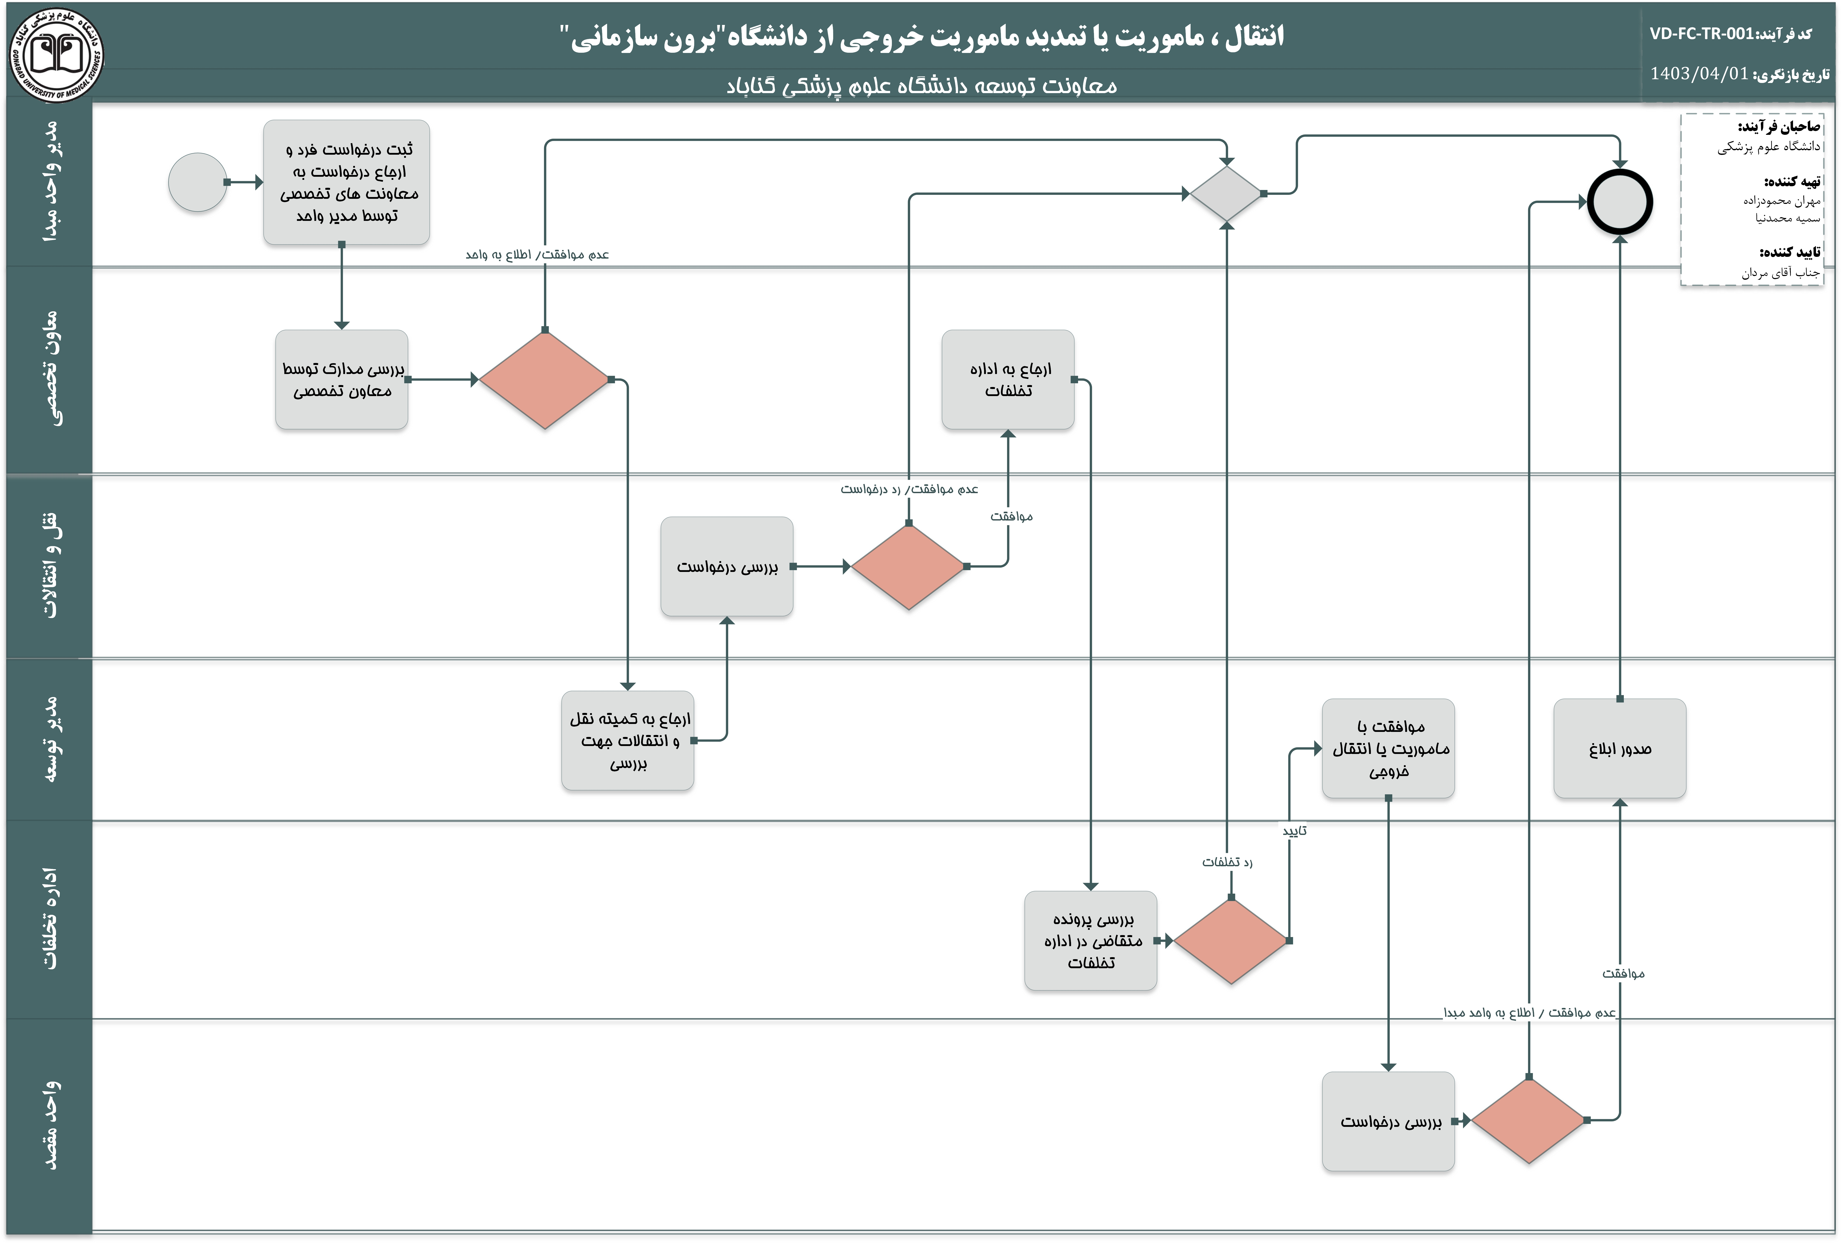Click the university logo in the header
click(x=56, y=54)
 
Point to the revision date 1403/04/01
click(x=1699, y=74)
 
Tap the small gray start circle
click(x=197, y=182)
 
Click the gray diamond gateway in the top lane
click(x=1226, y=194)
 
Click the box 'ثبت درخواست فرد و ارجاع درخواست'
click(x=346, y=182)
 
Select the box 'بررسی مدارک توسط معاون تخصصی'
click(x=342, y=380)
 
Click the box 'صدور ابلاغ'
click(x=1619, y=748)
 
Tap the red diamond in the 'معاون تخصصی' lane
click(x=544, y=380)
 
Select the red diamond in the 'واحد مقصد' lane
click(x=1528, y=1120)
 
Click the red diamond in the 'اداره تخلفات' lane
click(x=1231, y=941)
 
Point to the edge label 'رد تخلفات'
click(x=1227, y=862)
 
